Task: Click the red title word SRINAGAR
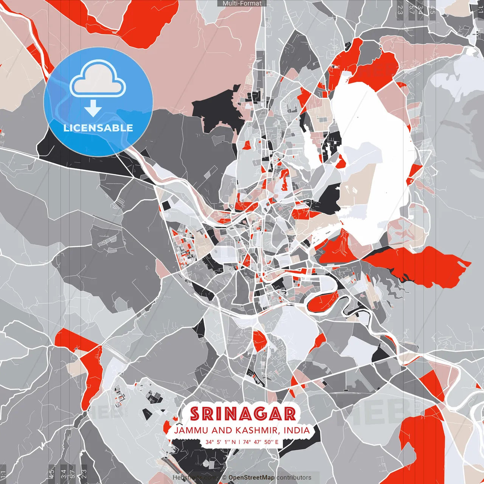tap(243, 414)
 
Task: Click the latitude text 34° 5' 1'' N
tap(220, 442)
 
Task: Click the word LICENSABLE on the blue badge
tap(98, 128)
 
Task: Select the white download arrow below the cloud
tap(93, 109)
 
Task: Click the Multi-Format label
tap(242, 3)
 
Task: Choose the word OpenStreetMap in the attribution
tap(251, 478)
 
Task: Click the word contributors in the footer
tap(294, 478)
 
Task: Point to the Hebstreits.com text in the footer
tap(195, 478)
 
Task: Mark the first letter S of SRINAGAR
tap(195, 414)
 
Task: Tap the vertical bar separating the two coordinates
tap(240, 442)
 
